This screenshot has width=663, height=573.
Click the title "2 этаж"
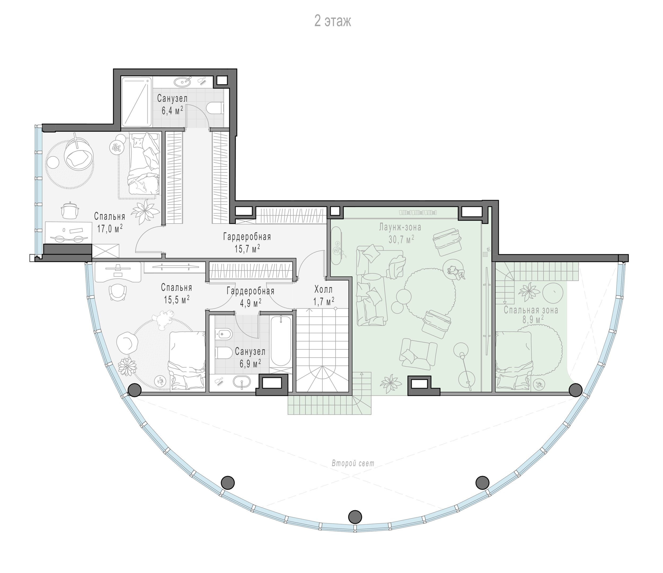(x=333, y=21)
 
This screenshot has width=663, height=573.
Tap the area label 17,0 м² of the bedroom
(x=110, y=228)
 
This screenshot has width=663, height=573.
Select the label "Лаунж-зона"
(x=400, y=227)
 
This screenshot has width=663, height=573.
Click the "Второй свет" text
(x=353, y=463)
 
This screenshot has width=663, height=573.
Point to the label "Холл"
(x=324, y=290)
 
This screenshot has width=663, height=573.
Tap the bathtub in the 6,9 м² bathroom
(x=281, y=341)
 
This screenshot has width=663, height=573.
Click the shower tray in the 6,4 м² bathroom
(x=136, y=102)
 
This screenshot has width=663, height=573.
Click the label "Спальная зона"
(x=531, y=310)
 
